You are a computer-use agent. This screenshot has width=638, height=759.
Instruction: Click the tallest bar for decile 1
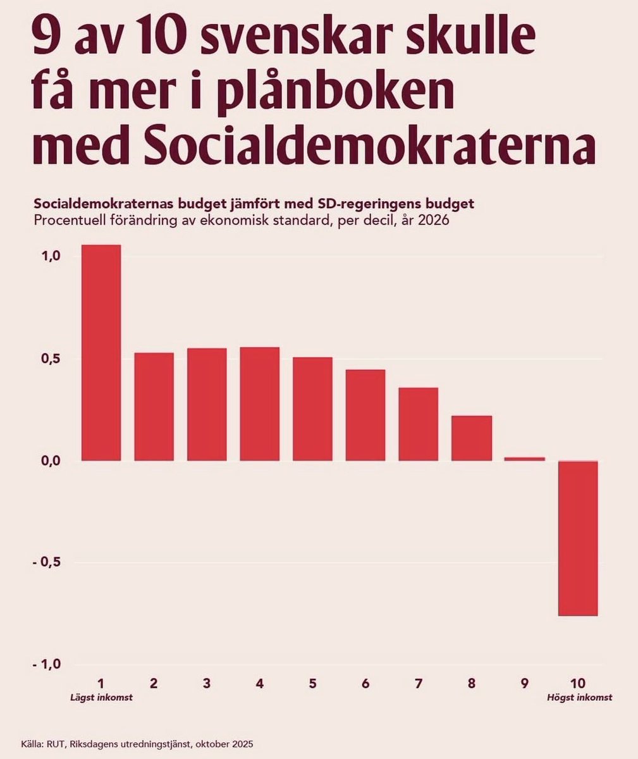(101, 352)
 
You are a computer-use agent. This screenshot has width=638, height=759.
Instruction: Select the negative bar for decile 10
(578, 538)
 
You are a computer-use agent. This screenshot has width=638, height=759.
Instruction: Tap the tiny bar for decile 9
(524, 459)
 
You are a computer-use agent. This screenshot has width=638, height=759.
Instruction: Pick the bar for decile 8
(472, 438)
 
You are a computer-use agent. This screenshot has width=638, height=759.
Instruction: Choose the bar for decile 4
(260, 404)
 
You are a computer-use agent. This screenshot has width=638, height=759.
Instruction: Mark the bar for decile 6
(365, 415)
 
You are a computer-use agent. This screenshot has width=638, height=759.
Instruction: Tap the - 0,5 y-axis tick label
(47, 562)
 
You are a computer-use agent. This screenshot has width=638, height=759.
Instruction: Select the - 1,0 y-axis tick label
(47, 664)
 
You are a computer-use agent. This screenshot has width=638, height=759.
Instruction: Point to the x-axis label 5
(312, 683)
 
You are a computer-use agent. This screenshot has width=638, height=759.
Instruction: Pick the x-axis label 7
(419, 683)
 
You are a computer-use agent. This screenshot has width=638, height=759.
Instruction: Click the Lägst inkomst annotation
(101, 698)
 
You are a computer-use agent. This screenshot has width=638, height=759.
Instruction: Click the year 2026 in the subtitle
(432, 222)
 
